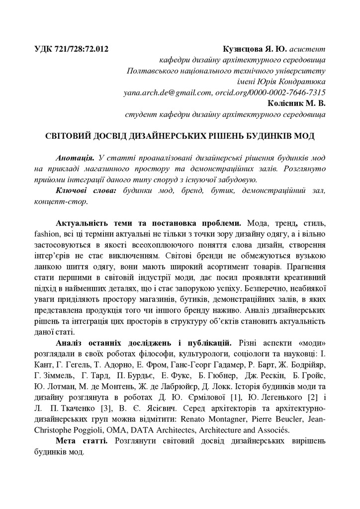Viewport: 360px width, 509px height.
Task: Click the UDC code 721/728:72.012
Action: (x=79, y=49)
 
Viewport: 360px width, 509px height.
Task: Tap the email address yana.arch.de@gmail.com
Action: (x=167, y=92)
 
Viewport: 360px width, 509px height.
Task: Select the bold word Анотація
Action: (x=75, y=158)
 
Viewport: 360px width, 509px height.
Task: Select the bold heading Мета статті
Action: (x=80, y=441)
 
